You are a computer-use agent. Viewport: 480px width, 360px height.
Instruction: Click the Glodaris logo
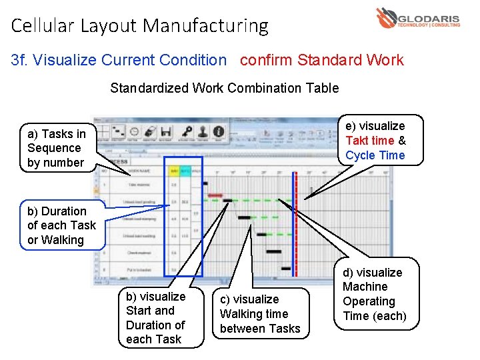(417, 18)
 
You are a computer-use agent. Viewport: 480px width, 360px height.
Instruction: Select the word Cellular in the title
(43, 26)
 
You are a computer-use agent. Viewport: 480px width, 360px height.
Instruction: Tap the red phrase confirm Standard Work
(321, 60)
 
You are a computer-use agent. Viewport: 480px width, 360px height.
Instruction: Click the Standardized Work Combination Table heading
(224, 88)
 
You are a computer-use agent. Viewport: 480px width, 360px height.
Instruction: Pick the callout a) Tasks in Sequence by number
(57, 148)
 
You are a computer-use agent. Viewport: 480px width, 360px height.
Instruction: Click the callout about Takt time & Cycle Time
(375, 141)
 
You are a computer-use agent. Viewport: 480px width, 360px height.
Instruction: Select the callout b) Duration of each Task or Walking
(62, 225)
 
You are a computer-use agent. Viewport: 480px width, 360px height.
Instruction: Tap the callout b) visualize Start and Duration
(156, 318)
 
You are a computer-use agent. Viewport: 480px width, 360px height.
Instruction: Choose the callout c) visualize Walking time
(260, 313)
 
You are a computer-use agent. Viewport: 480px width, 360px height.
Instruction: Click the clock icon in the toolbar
(134, 131)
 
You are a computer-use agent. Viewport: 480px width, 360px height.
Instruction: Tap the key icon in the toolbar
(187, 131)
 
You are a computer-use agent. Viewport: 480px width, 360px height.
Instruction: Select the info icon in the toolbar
(218, 131)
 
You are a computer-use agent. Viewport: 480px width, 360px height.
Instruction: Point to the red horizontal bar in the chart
(215, 195)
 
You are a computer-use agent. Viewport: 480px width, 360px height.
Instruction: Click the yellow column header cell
(175, 171)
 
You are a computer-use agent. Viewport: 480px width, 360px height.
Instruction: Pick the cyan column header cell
(185, 171)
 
